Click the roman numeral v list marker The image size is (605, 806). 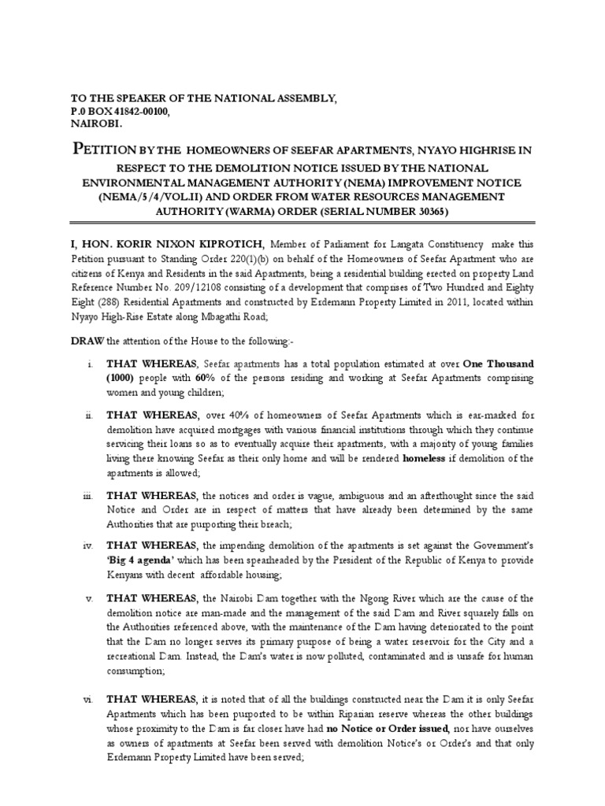point(89,597)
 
